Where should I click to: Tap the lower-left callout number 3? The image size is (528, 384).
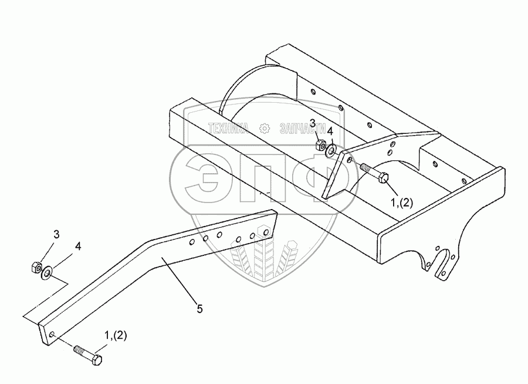pos(57,235)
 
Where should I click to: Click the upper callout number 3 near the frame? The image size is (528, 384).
pos(313,123)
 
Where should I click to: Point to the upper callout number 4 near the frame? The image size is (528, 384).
pos(331,131)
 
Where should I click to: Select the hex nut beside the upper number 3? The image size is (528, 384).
pos(321,144)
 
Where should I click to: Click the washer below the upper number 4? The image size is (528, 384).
pos(332,151)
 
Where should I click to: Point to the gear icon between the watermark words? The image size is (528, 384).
pos(265,128)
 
